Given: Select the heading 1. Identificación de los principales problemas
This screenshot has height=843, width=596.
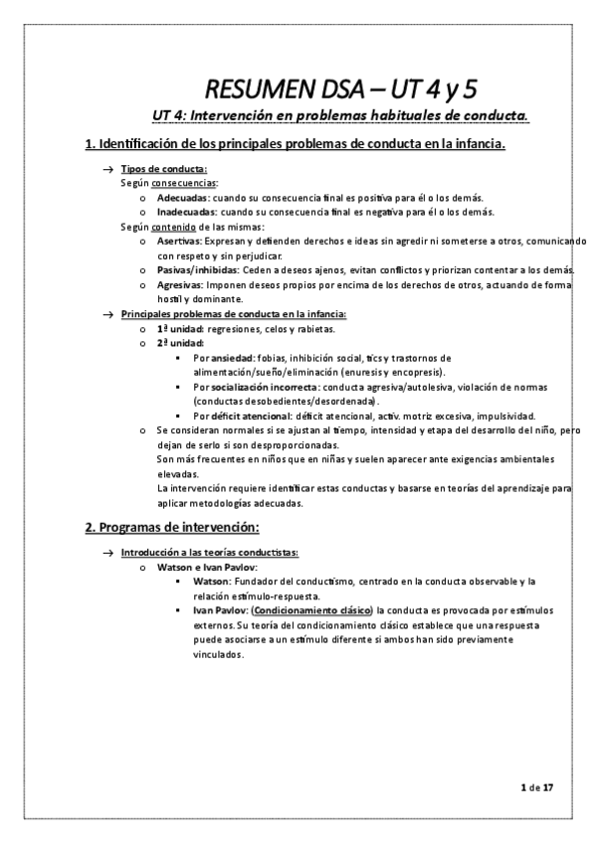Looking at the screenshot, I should click(x=296, y=146).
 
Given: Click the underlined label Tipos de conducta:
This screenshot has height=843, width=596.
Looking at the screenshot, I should click(x=164, y=170).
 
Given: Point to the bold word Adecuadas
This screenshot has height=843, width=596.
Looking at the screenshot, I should click(x=175, y=198).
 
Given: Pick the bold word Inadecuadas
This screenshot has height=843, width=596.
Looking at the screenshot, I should click(x=180, y=212).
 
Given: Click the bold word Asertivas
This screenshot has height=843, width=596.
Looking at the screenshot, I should click(x=178, y=241).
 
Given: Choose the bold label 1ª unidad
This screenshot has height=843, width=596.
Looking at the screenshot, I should click(x=181, y=328).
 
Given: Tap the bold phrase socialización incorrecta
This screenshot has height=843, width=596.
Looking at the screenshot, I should click(x=263, y=386).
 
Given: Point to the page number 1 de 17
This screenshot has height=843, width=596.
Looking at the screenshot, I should click(x=536, y=788).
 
